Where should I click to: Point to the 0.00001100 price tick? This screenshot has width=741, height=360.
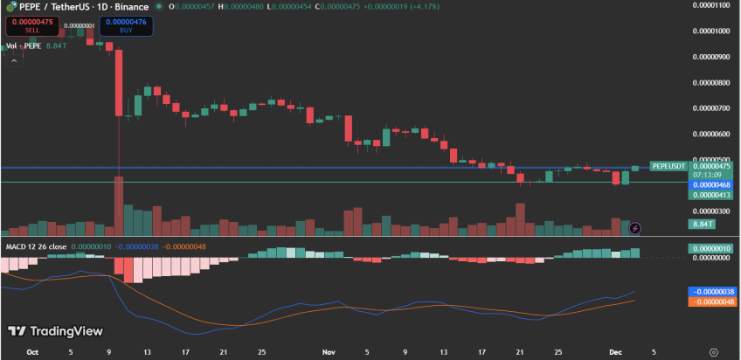coord(713,5)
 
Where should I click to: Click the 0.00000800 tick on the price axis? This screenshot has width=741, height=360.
coord(713,83)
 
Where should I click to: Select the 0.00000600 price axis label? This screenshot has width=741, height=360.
coord(713,135)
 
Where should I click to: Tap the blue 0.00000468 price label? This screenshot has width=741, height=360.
coord(712,184)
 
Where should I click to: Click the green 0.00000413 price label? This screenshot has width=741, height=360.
coord(712,195)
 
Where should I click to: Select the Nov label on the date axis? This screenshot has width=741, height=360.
coord(329,352)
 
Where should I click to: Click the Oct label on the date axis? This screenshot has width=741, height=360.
coord(32,352)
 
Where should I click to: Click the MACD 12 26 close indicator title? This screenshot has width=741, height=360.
coord(38,246)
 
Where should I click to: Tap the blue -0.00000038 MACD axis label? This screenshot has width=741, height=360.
coord(712,291)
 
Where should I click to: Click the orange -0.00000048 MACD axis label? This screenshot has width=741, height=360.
coord(712,301)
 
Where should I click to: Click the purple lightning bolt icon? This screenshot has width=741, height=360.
coord(636,228)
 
